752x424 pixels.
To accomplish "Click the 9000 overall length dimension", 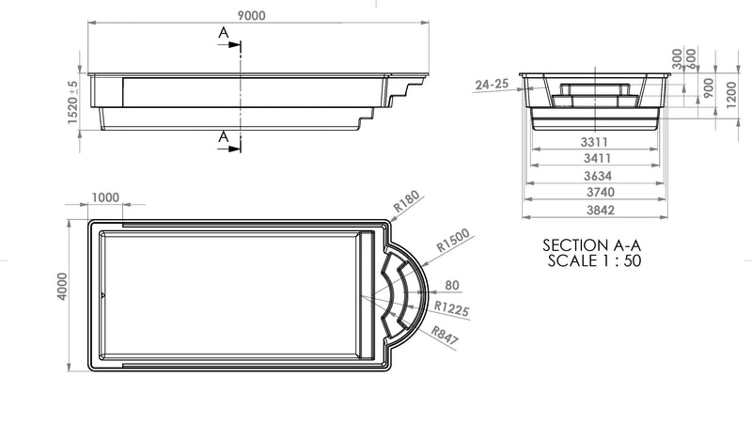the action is coord(251,16).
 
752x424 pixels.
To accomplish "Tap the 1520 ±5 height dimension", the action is coord(72,102).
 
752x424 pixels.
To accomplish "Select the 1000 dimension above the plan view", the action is coord(105,197).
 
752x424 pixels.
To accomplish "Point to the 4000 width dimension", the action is coord(62,287).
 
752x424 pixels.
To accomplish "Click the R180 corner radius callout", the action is coord(407,201).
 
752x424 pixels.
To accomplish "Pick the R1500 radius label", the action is coord(453,241).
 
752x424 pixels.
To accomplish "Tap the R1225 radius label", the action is coord(451,309).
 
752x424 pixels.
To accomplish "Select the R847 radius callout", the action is coord(445,336).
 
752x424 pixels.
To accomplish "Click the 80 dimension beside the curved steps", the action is coord(452,286).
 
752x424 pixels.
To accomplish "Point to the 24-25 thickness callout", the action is coord(492,85).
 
